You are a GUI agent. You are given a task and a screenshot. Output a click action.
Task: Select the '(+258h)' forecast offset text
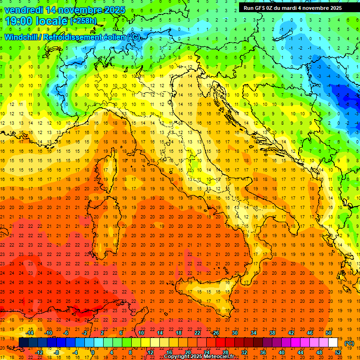(83, 21)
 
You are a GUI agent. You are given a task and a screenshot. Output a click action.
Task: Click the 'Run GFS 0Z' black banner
(292, 8)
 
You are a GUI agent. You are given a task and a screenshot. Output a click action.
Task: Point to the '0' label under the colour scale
(92, 352)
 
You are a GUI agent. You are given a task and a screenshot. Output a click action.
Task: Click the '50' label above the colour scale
(329, 333)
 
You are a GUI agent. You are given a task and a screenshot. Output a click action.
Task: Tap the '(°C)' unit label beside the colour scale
(349, 343)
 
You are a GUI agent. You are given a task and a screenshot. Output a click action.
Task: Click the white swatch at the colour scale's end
(333, 343)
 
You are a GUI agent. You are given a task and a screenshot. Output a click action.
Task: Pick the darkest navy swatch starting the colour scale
(23, 343)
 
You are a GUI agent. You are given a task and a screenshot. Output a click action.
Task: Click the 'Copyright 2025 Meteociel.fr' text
(199, 357)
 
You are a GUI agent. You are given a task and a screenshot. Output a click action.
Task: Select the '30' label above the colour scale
(235, 333)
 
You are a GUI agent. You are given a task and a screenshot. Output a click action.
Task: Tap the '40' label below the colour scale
(281, 352)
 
